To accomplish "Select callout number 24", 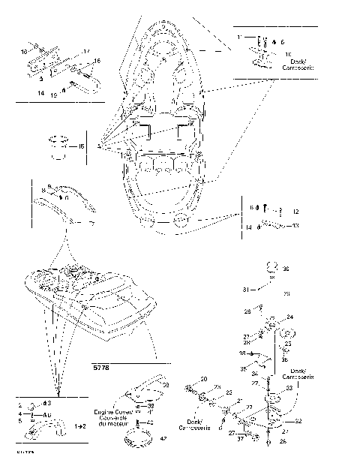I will [289, 317].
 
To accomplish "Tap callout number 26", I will [282, 442].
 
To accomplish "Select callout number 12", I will [295, 212].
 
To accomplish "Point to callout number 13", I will [295, 225].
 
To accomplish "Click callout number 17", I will [87, 51].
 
